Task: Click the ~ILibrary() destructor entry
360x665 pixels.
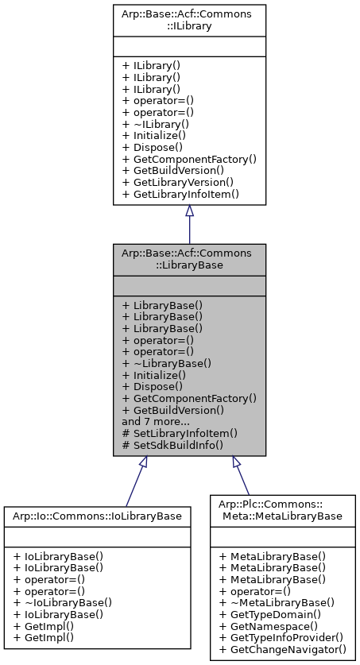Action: [161, 124]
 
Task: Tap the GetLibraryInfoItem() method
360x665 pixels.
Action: [186, 194]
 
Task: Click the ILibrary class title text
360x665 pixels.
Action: [189, 20]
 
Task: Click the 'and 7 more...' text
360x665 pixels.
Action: [156, 421]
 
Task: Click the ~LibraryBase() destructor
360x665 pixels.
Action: [171, 363]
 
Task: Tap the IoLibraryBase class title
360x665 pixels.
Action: [97, 516]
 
